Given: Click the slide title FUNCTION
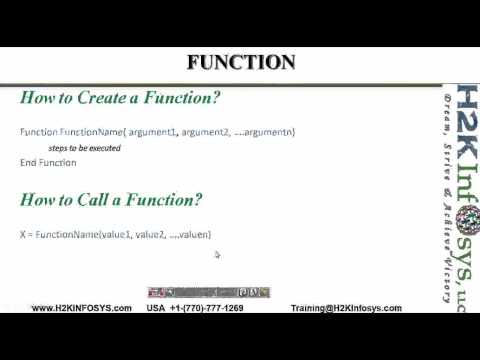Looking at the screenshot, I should tap(241, 62).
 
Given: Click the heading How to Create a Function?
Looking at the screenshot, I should tap(120, 98).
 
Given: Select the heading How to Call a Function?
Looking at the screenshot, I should tap(111, 200).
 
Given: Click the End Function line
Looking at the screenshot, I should tap(48, 162).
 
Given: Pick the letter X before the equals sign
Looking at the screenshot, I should tap(22, 234).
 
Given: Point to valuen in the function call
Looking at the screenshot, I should tap(194, 234).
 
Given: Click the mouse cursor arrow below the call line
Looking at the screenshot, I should tap(217, 255).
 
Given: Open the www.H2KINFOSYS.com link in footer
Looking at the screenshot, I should tap(82, 308).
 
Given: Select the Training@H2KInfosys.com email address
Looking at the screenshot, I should tap(346, 308).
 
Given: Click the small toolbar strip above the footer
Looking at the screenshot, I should tap(208, 292).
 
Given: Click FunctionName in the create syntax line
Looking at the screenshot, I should tap(87, 132).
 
